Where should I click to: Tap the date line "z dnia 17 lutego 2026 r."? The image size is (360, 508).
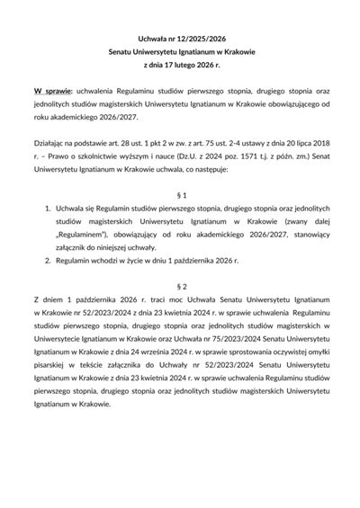pyautogui.click(x=180, y=66)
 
